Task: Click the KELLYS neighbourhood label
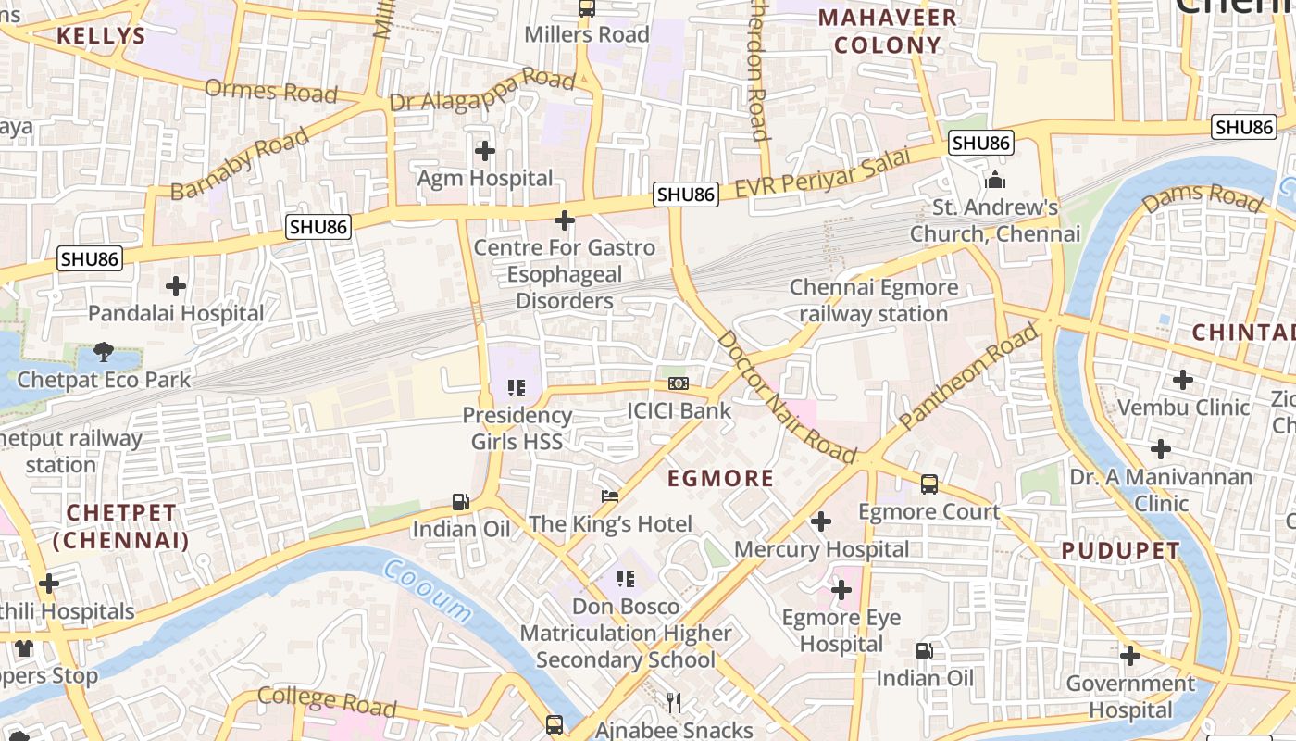click(101, 36)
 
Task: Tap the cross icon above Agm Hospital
click(484, 150)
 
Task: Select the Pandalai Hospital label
click(176, 314)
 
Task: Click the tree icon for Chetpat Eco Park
click(104, 352)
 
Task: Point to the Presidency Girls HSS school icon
click(517, 388)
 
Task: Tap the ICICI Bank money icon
click(679, 383)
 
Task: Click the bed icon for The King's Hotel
click(609, 496)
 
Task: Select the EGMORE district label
click(720, 479)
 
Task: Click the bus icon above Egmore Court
click(928, 484)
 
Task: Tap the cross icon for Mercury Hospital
click(820, 521)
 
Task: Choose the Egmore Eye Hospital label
click(841, 631)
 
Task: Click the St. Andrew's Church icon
click(995, 179)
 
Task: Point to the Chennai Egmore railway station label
click(874, 301)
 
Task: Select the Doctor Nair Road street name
click(786, 397)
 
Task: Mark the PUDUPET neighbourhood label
click(1120, 550)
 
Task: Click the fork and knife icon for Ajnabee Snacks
click(674, 703)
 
